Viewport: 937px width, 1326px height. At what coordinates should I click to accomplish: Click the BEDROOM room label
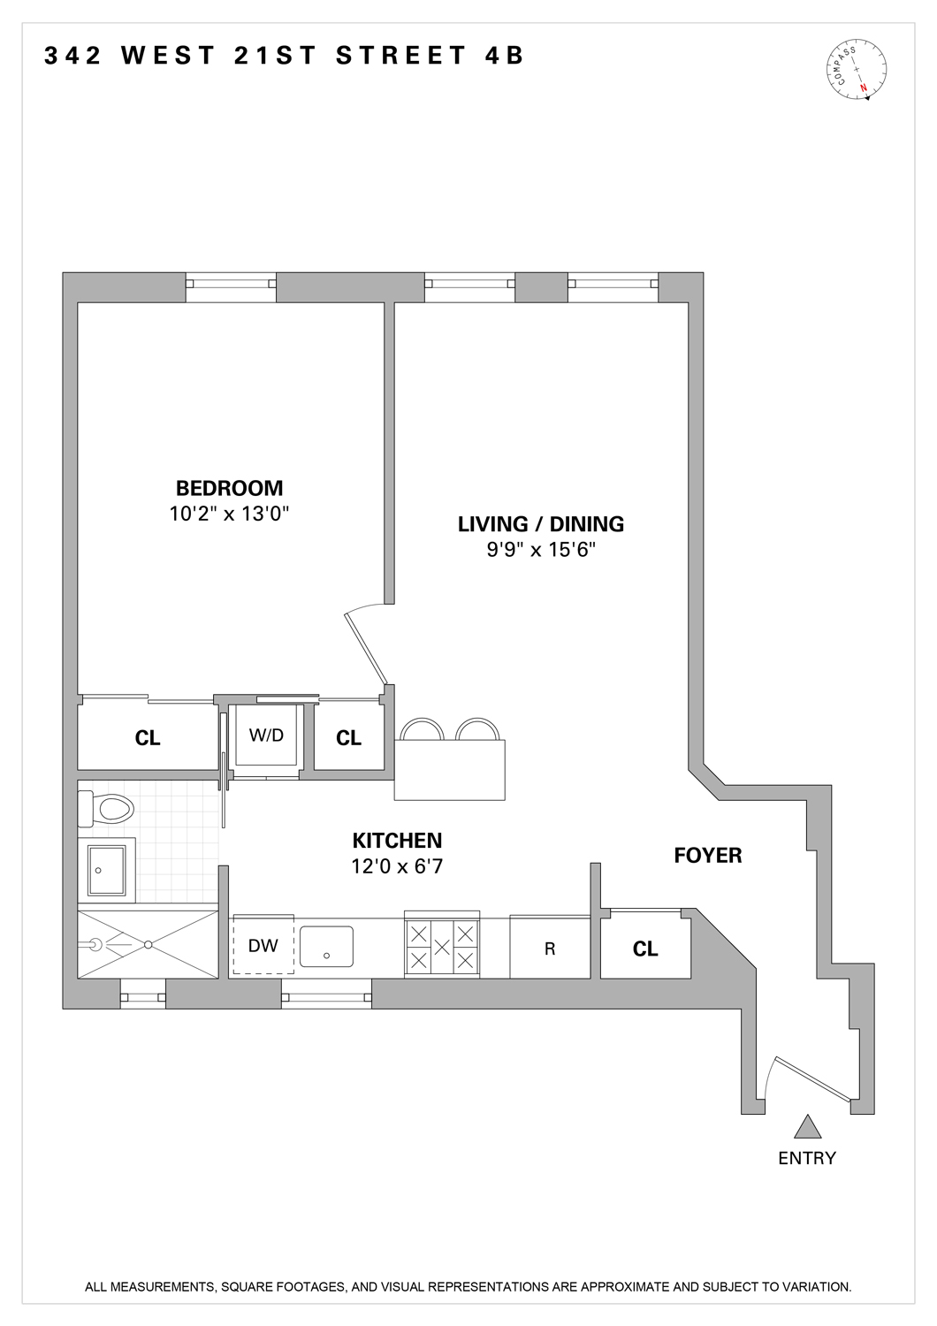(229, 488)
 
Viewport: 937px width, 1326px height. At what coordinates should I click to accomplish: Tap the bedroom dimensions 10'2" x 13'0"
(229, 514)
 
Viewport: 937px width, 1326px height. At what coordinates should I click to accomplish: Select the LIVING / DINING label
(540, 524)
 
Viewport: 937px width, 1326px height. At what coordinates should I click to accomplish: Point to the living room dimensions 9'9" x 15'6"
(540, 550)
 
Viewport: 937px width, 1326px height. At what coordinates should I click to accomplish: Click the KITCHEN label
(397, 841)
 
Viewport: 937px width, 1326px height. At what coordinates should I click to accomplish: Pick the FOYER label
(707, 856)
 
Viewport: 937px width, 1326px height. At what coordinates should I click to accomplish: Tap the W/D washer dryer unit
(266, 736)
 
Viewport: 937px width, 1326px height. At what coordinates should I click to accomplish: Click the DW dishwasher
(263, 946)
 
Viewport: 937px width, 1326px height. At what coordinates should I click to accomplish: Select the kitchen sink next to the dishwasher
(326, 947)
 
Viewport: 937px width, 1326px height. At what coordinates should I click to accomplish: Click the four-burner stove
(442, 946)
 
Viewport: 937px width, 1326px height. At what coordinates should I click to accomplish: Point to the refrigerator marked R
(550, 949)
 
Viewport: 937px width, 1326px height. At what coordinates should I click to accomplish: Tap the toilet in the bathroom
(106, 806)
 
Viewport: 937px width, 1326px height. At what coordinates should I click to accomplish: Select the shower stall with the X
(148, 944)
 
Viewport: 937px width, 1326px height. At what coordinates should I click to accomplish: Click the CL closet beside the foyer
(645, 949)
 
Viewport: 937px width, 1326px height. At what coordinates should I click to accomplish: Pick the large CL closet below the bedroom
(148, 738)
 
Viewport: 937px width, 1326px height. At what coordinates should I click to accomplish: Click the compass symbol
(857, 69)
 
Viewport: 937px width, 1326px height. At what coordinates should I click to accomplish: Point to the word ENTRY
(806, 1158)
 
